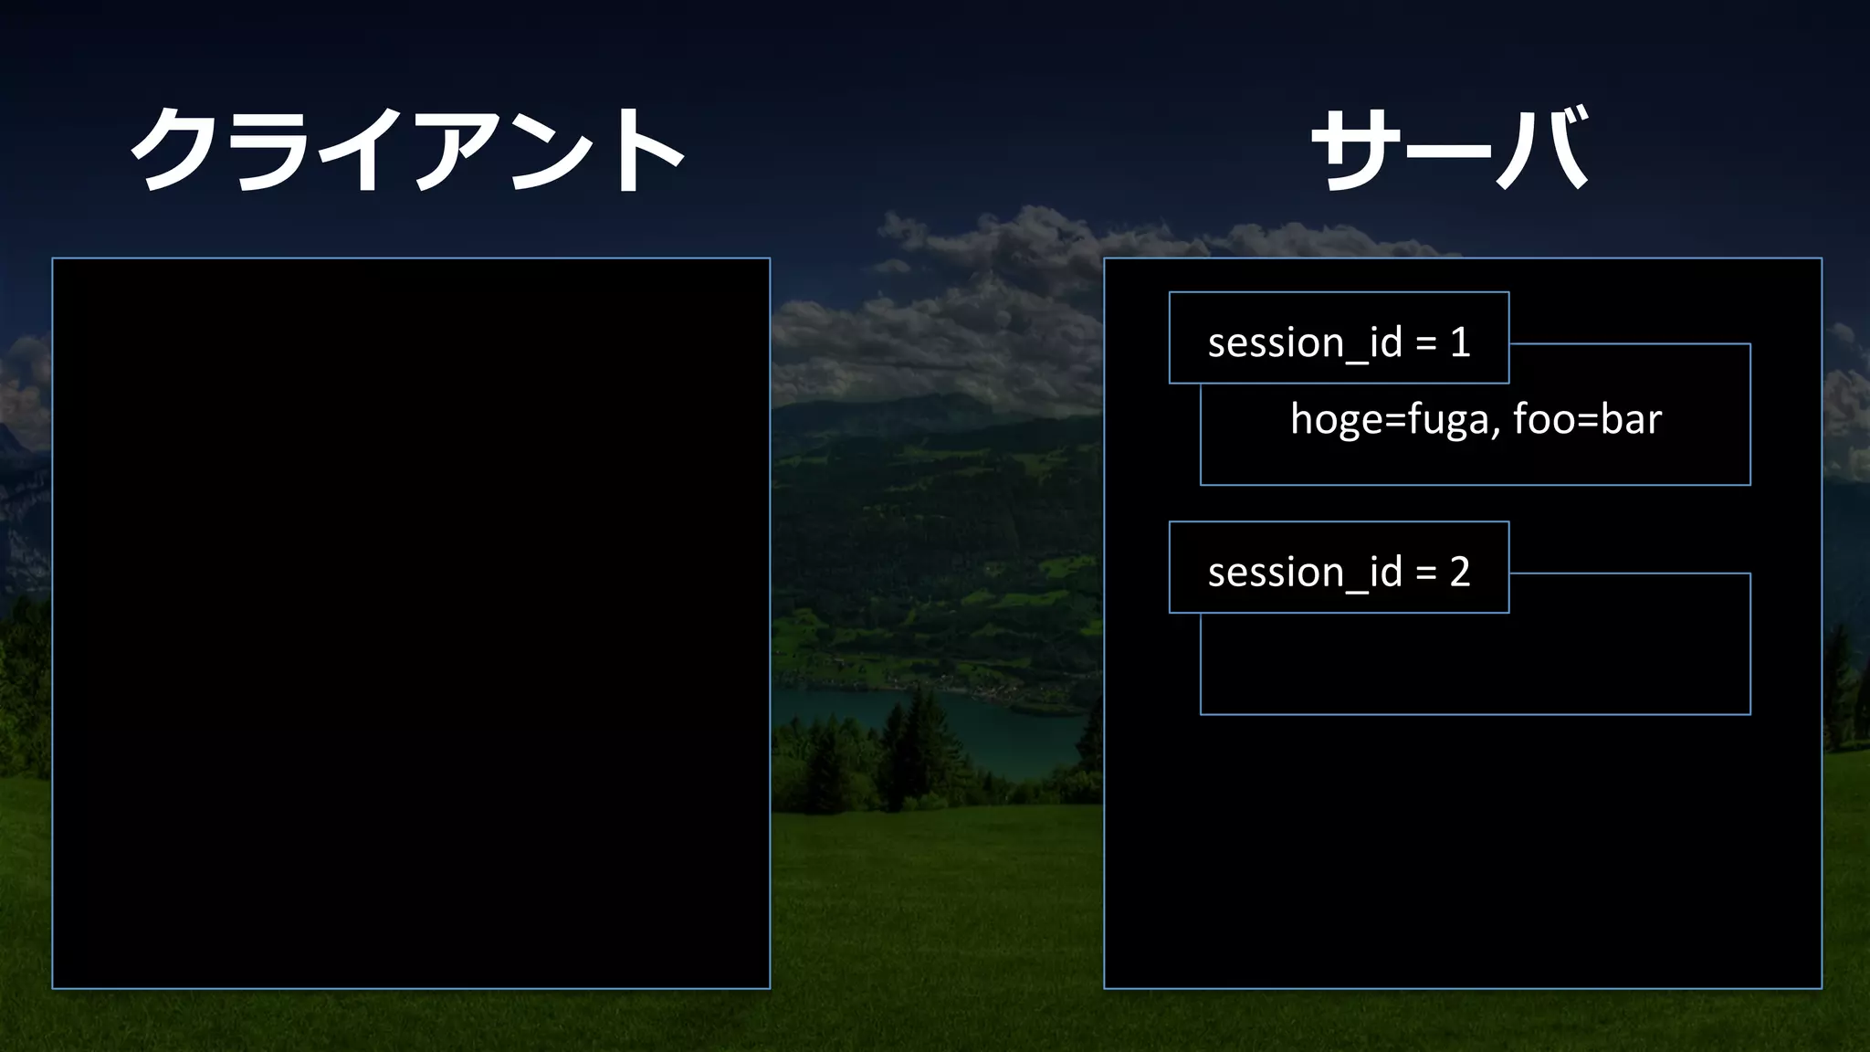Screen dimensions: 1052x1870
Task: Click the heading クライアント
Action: (407, 149)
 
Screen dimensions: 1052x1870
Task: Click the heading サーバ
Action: (1450, 149)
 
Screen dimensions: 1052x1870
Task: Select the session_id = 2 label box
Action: (1339, 568)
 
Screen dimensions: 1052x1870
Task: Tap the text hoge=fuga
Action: (1390, 420)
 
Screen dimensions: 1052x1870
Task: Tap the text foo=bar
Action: (1587, 420)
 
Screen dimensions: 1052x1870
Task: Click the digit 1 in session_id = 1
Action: (1460, 342)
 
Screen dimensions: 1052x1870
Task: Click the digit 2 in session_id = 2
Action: (1460, 573)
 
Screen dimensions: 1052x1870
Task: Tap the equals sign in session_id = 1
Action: (1425, 343)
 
